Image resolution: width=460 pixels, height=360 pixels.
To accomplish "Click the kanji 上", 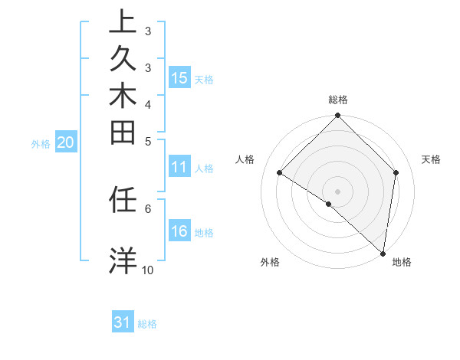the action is (x=123, y=22).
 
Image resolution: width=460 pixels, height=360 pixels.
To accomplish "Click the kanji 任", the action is (x=123, y=200).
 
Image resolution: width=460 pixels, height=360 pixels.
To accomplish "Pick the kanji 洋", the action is (x=123, y=260).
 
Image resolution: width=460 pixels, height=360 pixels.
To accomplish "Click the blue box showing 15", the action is (x=179, y=77).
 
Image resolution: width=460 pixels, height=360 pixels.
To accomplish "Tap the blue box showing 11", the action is (x=179, y=168).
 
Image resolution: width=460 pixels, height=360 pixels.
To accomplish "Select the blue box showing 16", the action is (x=179, y=231).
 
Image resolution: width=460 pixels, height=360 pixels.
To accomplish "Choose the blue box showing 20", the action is (x=66, y=142).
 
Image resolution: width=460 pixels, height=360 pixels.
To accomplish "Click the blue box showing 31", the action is (x=123, y=322).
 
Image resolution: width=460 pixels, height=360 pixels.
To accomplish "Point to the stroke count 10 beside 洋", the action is (x=147, y=270).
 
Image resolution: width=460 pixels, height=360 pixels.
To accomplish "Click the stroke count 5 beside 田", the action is (x=147, y=140).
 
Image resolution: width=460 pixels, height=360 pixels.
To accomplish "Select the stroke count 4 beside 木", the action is (x=147, y=103).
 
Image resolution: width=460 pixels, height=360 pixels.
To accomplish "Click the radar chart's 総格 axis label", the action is (x=337, y=100).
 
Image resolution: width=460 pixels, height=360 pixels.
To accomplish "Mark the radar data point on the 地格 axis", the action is (x=383, y=252).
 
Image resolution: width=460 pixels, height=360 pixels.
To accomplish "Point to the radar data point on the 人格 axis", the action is (x=280, y=173).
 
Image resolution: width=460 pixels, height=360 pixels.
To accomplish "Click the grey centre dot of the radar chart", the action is (x=337, y=191).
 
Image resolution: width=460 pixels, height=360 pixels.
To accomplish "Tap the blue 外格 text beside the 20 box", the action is (x=41, y=143).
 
